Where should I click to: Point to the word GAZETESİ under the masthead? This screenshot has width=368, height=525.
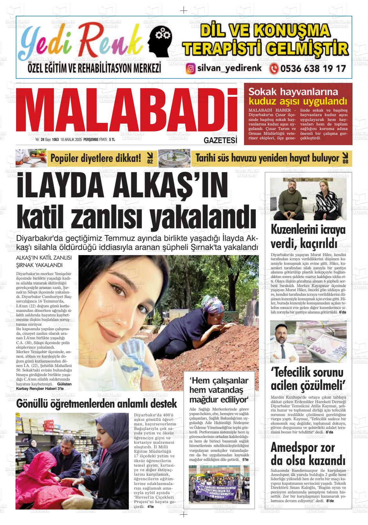(x=220, y=141)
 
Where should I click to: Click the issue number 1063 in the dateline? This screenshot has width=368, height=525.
(x=55, y=140)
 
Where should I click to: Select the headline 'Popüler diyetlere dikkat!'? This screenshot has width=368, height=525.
(x=96, y=158)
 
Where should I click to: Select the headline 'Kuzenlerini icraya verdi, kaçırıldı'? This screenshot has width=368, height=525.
(x=308, y=237)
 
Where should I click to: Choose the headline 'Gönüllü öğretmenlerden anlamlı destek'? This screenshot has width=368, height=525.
(x=97, y=403)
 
